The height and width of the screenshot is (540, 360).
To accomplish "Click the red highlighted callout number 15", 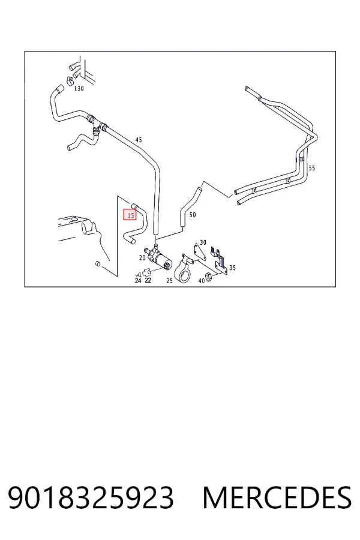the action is [x=130, y=215].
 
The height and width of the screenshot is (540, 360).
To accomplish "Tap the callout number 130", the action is [x=79, y=89].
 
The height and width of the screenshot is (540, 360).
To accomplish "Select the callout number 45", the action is [x=139, y=140].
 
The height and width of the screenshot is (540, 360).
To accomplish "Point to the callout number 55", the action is [x=312, y=168].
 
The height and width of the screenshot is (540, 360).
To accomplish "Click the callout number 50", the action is [x=193, y=215].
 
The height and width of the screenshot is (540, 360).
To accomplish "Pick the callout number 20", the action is [x=142, y=257].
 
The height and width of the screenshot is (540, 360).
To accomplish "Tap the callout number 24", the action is [x=138, y=281].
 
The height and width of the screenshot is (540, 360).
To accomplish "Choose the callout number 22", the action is [x=148, y=280].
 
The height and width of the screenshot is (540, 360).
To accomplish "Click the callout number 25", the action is [x=169, y=281].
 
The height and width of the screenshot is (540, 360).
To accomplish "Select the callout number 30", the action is [x=203, y=242].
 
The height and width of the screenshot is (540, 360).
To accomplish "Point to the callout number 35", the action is [x=233, y=268].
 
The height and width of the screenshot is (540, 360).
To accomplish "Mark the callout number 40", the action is [x=202, y=281].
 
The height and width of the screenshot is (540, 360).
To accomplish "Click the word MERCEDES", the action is [x=277, y=497].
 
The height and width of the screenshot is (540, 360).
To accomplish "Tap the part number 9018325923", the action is [x=91, y=497].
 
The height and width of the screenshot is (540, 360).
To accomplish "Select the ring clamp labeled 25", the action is [x=182, y=270].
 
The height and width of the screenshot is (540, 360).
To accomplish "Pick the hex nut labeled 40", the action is [x=209, y=275].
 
